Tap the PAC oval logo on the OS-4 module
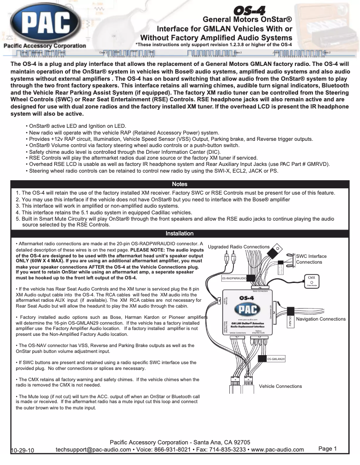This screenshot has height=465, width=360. (x=247, y=309)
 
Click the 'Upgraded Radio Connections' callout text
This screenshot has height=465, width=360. (x=239, y=247)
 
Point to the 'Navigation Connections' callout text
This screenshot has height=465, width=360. (x=321, y=319)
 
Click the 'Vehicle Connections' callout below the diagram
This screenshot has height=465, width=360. (x=281, y=386)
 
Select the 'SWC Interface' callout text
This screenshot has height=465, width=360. (x=312, y=256)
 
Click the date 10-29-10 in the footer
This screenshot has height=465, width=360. (x=23, y=450)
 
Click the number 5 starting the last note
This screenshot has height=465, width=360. (x=18, y=219)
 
